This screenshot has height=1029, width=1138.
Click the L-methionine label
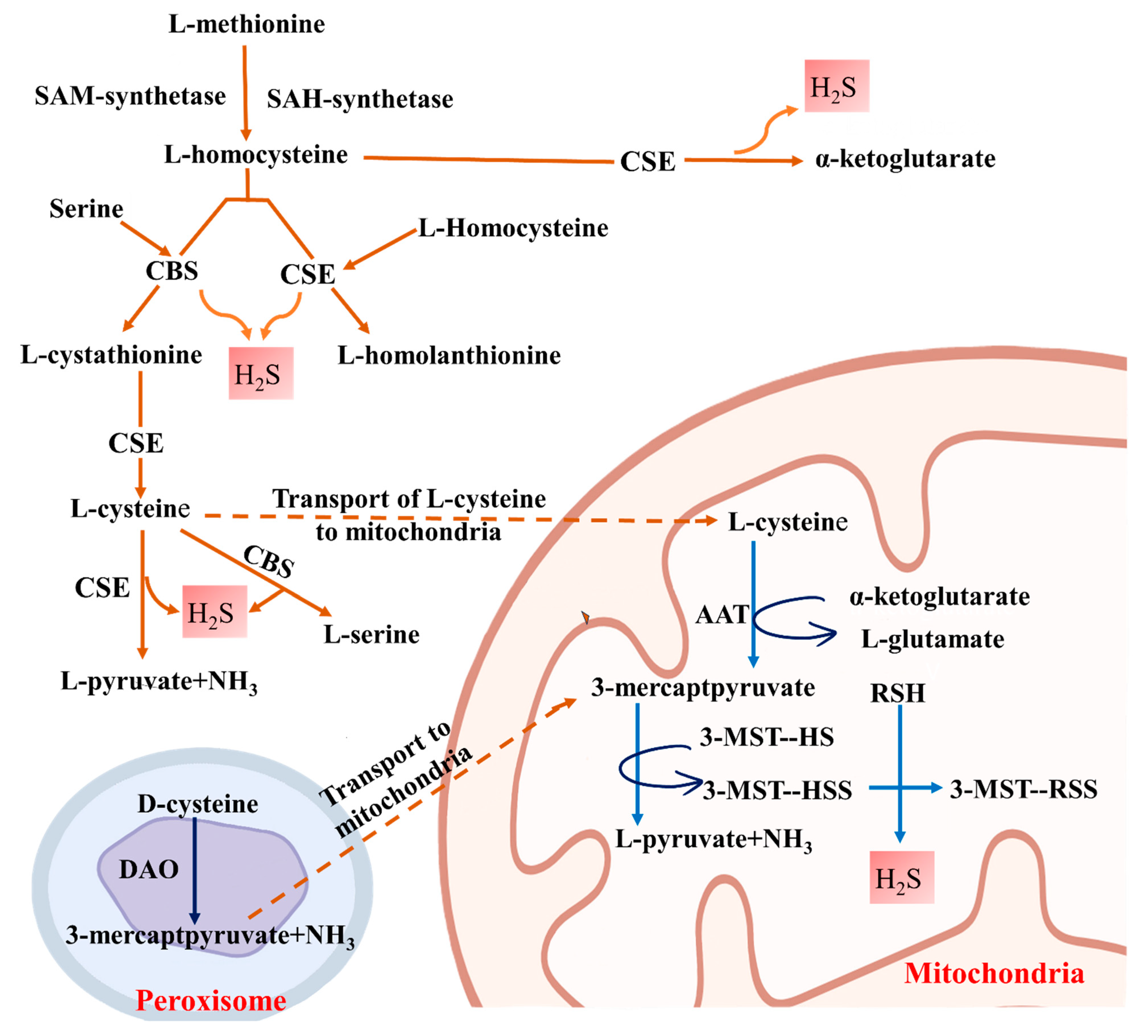tap(247, 24)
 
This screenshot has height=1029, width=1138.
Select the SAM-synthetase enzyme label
tap(131, 96)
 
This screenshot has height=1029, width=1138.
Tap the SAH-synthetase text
tap(360, 99)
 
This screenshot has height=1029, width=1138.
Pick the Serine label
tap(86, 209)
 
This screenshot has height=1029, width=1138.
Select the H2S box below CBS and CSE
tap(261, 374)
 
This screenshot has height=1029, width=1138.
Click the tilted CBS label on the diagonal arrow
tap(269, 562)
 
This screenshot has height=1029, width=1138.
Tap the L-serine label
tap(371, 635)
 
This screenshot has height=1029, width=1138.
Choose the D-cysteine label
tap(198, 804)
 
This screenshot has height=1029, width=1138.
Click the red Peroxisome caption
tap(211, 1000)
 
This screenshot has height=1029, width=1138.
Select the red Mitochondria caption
tap(994, 974)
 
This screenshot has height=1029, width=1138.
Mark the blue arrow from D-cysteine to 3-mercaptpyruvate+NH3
tap(194, 869)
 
